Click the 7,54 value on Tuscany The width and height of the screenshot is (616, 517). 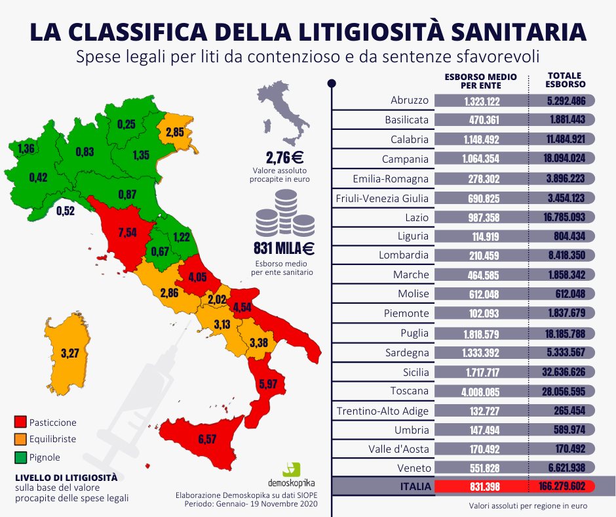(x=127, y=232)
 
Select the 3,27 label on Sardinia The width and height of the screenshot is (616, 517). (x=69, y=353)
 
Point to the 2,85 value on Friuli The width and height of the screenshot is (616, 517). (x=174, y=132)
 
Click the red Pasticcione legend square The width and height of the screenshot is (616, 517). (x=20, y=422)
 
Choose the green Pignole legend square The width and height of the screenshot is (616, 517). (x=20, y=457)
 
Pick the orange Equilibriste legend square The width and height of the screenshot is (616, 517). (x=20, y=439)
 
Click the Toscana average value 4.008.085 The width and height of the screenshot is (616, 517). (x=481, y=391)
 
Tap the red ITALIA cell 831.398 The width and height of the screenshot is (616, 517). (x=481, y=487)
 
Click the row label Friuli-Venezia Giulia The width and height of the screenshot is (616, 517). (x=381, y=197)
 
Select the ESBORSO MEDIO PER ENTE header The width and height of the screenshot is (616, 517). (x=481, y=80)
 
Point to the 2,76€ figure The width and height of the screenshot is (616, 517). (x=284, y=157)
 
